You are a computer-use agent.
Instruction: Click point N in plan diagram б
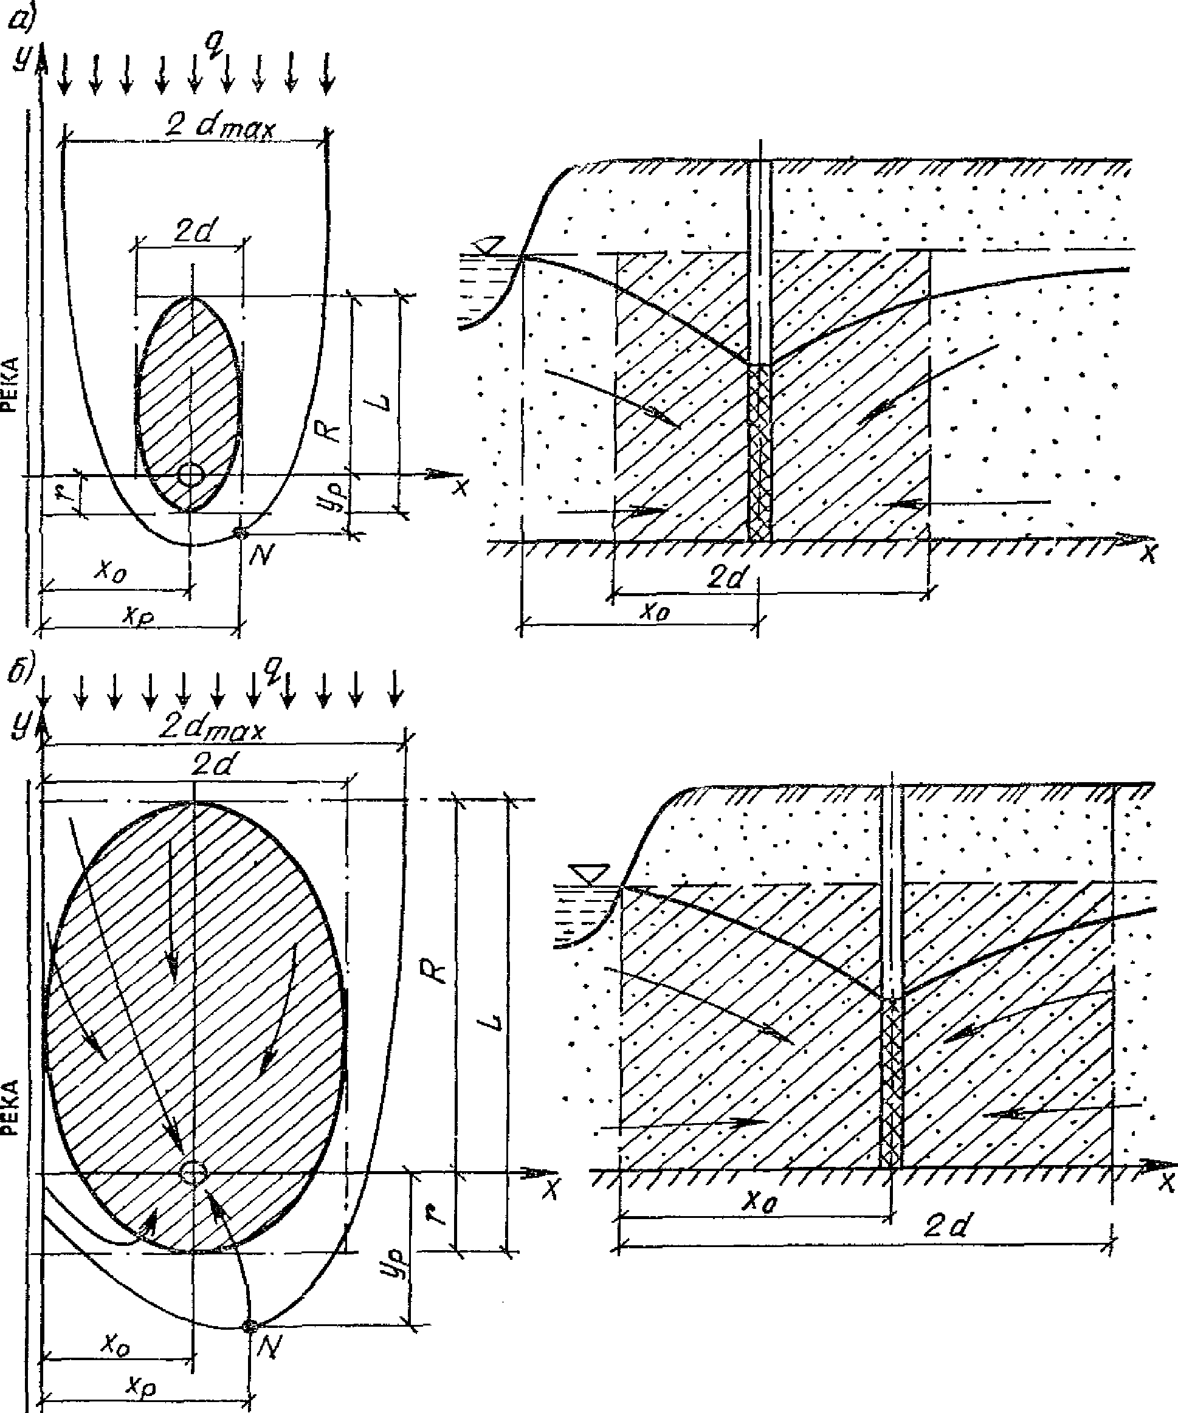pos(250,1325)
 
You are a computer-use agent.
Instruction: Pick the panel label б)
pos(18,673)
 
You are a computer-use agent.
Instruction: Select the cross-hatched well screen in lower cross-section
pos(891,1083)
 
